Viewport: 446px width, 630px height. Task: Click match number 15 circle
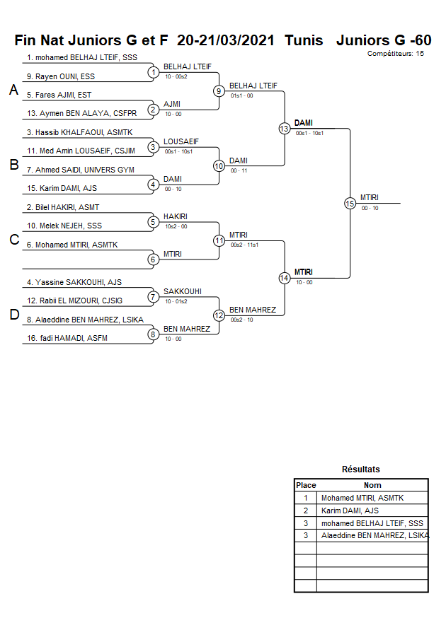click(x=350, y=203)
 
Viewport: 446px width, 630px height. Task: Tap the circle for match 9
click(x=219, y=91)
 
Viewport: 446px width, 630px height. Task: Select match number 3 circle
click(x=153, y=147)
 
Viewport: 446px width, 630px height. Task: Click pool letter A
click(x=13, y=91)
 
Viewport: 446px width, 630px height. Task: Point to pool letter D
click(x=13, y=315)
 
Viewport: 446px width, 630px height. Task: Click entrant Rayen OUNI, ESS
click(x=61, y=76)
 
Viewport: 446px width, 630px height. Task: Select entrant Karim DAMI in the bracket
click(x=61, y=188)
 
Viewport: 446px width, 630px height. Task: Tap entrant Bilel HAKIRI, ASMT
click(x=63, y=207)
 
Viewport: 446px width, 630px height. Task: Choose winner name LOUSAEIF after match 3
click(x=181, y=141)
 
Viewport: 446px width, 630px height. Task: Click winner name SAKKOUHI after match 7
click(x=183, y=291)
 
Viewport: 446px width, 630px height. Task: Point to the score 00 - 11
click(x=239, y=170)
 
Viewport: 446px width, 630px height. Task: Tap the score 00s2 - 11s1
click(x=244, y=245)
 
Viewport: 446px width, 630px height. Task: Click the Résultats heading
click(x=360, y=469)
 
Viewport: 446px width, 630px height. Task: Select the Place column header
click(x=306, y=485)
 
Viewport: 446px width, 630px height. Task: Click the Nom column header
click(x=372, y=485)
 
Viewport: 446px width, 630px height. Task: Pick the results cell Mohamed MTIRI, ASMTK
click(x=362, y=498)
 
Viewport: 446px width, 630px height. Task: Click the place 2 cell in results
click(x=306, y=511)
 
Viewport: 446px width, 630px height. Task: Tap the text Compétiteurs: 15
click(x=396, y=53)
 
